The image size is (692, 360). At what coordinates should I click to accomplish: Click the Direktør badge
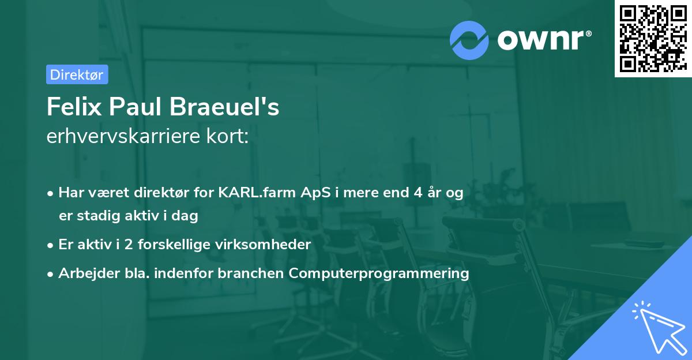(x=77, y=74)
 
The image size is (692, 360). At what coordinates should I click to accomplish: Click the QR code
(x=653, y=38)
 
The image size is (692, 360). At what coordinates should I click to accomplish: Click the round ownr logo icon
(x=469, y=40)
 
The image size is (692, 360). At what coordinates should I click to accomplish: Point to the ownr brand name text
(x=543, y=40)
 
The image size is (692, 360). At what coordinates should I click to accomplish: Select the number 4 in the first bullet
(x=417, y=193)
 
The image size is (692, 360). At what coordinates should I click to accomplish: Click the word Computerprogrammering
(x=379, y=273)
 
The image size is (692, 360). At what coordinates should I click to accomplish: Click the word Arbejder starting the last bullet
(x=84, y=273)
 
